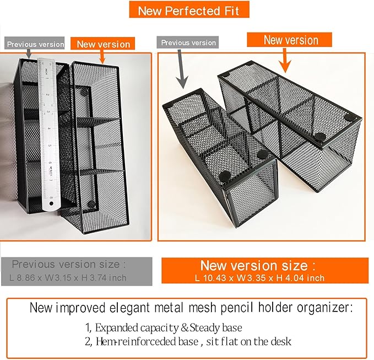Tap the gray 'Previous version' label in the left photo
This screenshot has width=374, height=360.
[x=35, y=44]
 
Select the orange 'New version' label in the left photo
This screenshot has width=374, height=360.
[x=103, y=44]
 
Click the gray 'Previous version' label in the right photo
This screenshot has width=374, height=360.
[x=187, y=42]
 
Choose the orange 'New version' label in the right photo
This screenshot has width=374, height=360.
[x=290, y=40]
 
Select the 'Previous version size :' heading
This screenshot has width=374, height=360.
[x=68, y=264]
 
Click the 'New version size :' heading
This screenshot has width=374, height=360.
[x=258, y=265]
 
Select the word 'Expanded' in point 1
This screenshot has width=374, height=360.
[x=122, y=327]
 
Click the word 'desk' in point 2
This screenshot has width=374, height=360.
[x=280, y=342]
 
